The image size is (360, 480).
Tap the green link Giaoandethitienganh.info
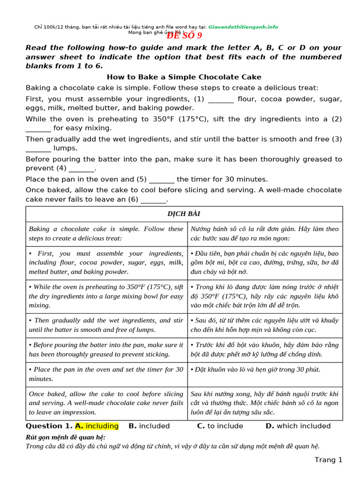coord(243,27)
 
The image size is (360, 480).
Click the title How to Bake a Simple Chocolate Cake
coord(184,77)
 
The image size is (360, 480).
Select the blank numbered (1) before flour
coord(220,99)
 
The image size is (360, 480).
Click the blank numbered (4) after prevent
coord(82,168)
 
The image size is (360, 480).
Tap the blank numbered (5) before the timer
coord(162,180)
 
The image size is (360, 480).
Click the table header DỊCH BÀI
coord(184,214)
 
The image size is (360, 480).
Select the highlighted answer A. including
coord(97,426)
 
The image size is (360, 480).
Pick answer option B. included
coord(149,426)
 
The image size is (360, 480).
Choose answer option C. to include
coord(220,426)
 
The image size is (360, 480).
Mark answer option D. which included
coord(298,426)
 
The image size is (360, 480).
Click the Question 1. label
coord(49,426)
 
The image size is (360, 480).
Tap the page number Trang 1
coord(328,460)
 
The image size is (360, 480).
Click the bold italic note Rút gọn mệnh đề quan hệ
coord(65,437)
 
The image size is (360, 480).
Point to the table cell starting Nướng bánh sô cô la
coord(264,233)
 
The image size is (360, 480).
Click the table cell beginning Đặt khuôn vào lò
coord(264,369)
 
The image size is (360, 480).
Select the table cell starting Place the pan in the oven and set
coord(106,374)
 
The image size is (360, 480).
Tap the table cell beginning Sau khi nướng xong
coord(264,403)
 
